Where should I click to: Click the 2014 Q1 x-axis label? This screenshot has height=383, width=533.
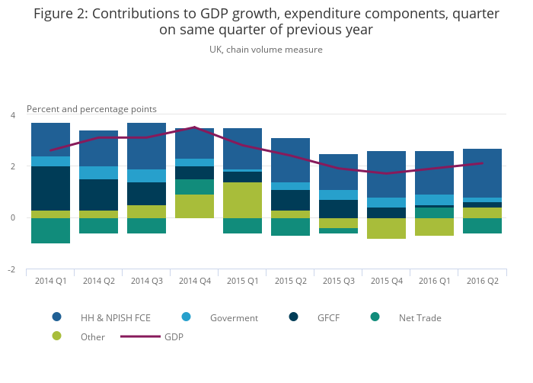tap(50, 281)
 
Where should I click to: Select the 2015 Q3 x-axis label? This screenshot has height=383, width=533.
tap(338, 281)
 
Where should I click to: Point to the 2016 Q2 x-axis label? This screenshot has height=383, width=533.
tap(482, 281)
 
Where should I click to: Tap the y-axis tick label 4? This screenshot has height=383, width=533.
tap(12, 115)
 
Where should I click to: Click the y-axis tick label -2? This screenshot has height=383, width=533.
tap(11, 270)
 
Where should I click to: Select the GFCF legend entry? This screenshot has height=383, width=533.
tap(333, 317)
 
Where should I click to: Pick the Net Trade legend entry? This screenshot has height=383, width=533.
tap(420, 317)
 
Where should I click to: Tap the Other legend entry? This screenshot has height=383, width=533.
tap(92, 336)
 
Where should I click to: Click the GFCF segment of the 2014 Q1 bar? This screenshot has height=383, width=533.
tap(50, 188)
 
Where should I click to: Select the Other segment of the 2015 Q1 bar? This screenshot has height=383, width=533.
tap(242, 200)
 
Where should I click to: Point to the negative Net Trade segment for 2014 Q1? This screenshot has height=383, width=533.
tap(50, 230)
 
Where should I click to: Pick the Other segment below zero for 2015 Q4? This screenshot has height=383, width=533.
tap(386, 228)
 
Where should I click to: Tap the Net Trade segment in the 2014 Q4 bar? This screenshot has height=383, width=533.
tap(194, 187)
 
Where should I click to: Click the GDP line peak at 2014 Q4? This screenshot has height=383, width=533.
tap(194, 127)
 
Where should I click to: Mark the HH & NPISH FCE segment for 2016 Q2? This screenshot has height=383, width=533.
tap(482, 173)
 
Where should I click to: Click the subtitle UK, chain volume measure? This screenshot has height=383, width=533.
tap(266, 50)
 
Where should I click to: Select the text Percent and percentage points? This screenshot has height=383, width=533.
tap(91, 109)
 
